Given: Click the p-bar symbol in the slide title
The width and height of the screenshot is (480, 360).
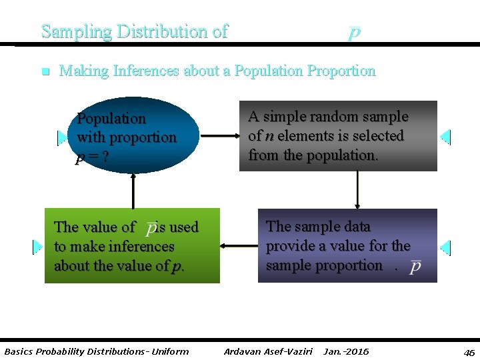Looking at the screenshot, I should coord(355,32).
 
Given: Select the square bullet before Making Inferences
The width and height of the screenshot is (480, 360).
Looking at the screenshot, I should coord(44,71).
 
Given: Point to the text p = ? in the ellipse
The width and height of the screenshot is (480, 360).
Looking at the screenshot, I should coord(93,157).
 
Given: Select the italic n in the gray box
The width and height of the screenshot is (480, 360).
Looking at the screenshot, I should coord(269,136).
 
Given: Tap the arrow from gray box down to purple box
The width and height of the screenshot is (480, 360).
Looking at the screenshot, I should coord(358,190).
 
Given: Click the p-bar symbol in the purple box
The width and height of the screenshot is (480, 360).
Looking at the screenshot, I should coord(415,265).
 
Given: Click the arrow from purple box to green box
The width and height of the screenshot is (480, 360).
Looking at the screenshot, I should coord(239,246).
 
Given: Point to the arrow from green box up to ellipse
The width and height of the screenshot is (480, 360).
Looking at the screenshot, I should coord(133,191).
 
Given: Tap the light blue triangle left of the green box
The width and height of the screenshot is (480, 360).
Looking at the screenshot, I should coord(37,247).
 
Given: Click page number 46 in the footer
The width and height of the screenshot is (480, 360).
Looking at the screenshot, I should coord(469,352).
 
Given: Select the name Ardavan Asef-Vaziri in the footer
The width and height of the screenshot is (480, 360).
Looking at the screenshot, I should coord(268,351).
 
